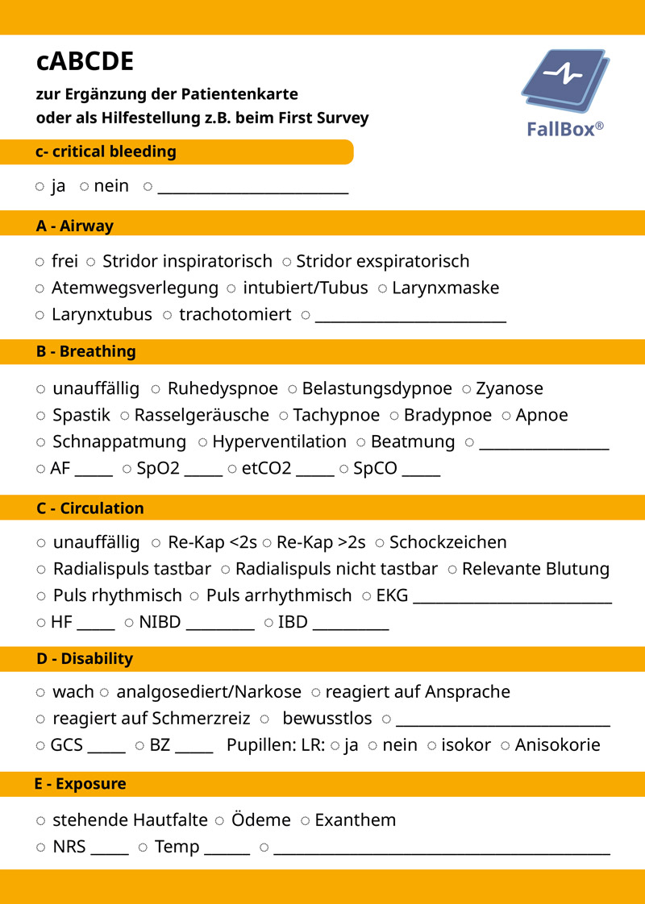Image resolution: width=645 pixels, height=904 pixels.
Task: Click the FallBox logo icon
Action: (565, 85)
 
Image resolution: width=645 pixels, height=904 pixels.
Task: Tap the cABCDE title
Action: (85, 61)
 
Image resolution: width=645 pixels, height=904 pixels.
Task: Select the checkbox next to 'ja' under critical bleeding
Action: (40, 187)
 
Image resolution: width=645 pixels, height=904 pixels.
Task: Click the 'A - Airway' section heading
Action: (75, 226)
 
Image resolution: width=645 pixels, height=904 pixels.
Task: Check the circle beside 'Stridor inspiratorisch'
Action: (91, 262)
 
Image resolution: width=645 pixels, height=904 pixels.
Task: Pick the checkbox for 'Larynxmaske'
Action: (382, 288)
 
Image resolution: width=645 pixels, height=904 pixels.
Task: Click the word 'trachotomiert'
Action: (235, 315)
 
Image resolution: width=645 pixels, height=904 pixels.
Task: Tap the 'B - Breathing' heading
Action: (86, 352)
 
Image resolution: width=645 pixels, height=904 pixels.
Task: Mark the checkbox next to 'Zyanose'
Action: (466, 389)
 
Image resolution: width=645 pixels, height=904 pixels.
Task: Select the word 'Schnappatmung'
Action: (119, 442)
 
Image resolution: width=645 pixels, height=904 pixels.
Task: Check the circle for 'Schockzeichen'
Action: (380, 543)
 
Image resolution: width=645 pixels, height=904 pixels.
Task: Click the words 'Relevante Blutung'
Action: (535, 570)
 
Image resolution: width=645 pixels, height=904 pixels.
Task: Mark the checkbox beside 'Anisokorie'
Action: (506, 745)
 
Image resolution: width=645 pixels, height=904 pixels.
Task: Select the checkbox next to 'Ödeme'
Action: (219, 821)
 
